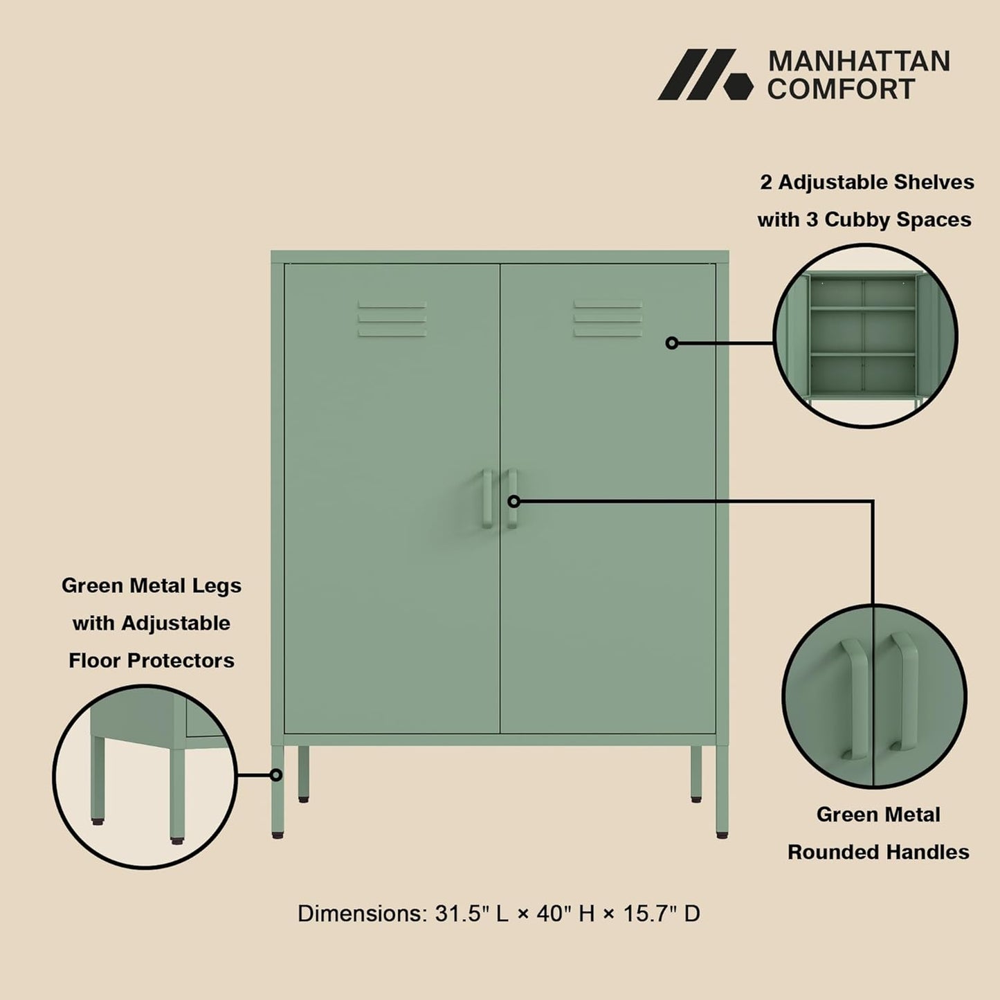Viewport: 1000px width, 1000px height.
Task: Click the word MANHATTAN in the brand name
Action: coord(859,62)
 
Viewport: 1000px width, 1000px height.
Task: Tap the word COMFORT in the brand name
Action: coord(841,89)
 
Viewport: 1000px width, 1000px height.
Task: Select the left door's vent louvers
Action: coord(392,319)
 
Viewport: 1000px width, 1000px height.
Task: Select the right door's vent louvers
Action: coord(608,319)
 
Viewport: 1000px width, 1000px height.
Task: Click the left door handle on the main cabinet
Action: coord(487,499)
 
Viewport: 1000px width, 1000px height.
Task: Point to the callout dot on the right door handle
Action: coord(513,501)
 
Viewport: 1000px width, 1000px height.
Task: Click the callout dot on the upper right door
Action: coord(671,343)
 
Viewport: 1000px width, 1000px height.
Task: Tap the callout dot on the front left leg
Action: coord(276,775)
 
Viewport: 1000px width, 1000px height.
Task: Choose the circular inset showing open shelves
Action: coord(865,336)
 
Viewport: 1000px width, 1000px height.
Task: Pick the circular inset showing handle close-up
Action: coord(874,696)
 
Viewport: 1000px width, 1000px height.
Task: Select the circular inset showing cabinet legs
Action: coord(145,776)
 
